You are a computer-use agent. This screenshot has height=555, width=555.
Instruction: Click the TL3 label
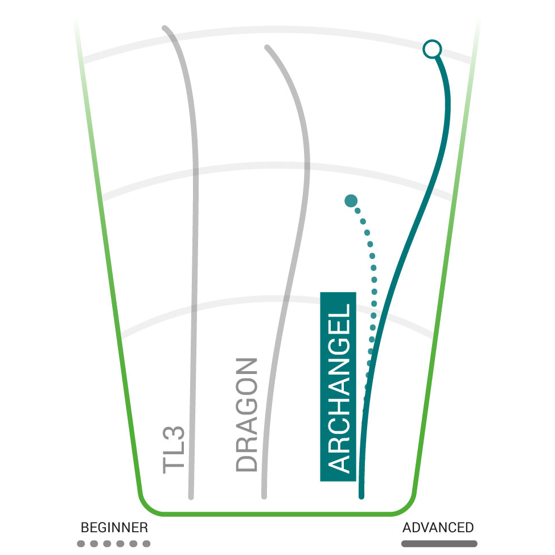click(x=174, y=450)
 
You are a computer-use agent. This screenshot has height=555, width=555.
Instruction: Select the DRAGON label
click(x=246, y=414)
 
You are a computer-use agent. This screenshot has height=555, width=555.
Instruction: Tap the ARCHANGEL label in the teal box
click(x=339, y=388)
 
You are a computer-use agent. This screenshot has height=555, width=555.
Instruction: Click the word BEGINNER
click(x=114, y=527)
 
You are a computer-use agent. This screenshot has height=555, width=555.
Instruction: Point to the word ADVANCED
click(x=438, y=527)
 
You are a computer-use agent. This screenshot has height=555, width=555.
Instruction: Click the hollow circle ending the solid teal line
click(x=432, y=49)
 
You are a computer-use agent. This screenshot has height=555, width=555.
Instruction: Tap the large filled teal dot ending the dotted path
click(x=351, y=201)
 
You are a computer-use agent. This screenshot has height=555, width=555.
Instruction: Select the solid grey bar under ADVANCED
click(x=439, y=544)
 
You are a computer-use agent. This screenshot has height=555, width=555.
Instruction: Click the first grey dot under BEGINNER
click(x=81, y=544)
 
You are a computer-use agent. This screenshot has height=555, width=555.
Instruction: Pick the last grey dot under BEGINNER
click(x=146, y=544)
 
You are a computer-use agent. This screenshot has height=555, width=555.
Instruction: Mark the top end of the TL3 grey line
click(x=165, y=28)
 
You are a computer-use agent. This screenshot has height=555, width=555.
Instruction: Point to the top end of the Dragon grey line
click(x=267, y=47)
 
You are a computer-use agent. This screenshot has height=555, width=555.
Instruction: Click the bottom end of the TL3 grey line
click(x=191, y=497)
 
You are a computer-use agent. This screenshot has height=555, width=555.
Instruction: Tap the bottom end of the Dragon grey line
click(x=264, y=496)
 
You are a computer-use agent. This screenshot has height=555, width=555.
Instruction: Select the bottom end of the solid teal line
click(x=361, y=496)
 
